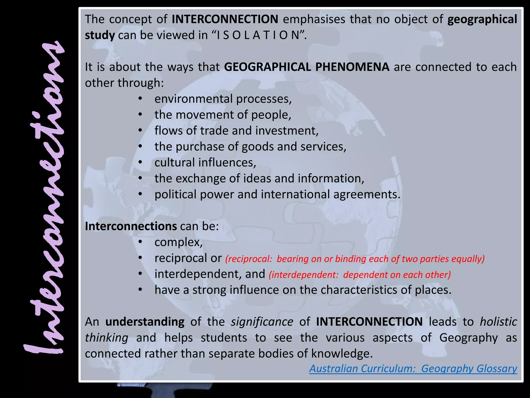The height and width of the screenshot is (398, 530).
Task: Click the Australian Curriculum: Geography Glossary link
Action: click(x=413, y=368)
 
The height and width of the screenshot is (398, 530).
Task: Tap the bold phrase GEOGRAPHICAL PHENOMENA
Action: click(x=307, y=67)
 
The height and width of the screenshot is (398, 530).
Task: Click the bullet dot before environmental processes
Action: click(x=140, y=99)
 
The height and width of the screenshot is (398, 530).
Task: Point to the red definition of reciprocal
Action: click(x=355, y=259)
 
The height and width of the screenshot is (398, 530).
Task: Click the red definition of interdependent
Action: click(x=360, y=275)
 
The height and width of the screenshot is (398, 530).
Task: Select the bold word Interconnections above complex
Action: click(x=131, y=226)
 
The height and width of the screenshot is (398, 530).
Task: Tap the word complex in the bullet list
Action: click(x=178, y=243)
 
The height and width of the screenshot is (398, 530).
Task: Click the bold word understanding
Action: click(x=145, y=322)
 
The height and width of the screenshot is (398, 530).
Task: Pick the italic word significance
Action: click(x=262, y=322)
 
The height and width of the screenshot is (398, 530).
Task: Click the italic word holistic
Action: click(x=498, y=322)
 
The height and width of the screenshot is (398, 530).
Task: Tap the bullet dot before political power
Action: click(x=140, y=194)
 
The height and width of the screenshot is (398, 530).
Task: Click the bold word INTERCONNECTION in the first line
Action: click(x=225, y=19)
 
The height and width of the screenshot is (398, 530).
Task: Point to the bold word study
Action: click(x=100, y=35)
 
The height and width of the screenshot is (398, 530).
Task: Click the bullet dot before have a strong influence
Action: click(x=140, y=290)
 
